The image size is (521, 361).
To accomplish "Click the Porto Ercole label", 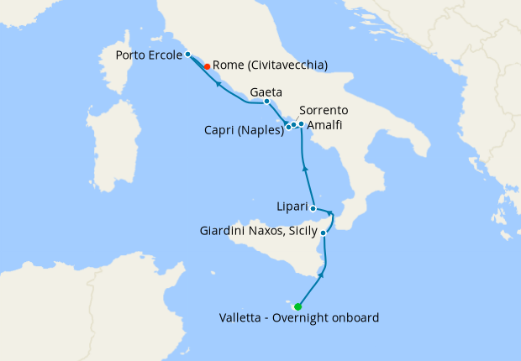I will pyautogui.click(x=150, y=55).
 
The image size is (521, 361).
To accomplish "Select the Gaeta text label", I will pyautogui.click(x=266, y=92).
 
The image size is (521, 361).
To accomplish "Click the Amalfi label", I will pyautogui.click(x=324, y=125).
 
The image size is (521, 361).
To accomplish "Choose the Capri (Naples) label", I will pyautogui.click(x=244, y=130).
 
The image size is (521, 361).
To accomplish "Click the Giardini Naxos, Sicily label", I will pyautogui.click(x=259, y=230).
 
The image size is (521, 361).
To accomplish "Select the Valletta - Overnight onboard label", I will pyautogui.click(x=299, y=318).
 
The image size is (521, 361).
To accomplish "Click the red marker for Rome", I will pyautogui.click(x=207, y=65).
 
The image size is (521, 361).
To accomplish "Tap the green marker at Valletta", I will pyautogui.click(x=298, y=306).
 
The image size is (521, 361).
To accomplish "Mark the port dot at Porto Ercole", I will pyautogui.click(x=188, y=55).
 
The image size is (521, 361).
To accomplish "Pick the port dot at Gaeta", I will pyautogui.click(x=266, y=102).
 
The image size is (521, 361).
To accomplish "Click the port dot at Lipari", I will pyautogui.click(x=313, y=207).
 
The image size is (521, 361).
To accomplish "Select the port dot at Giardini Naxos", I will pyautogui.click(x=324, y=233).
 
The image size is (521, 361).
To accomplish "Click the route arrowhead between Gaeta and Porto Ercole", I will pyautogui.click(x=218, y=84).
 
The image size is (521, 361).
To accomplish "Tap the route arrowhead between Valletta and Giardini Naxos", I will pyautogui.click(x=323, y=274).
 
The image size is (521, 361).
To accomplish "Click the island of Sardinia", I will pyautogui.click(x=114, y=151).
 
